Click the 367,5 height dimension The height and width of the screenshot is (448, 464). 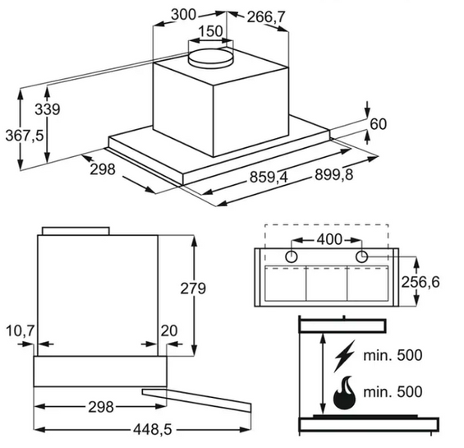[25, 136]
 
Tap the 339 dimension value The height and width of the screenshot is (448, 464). [48, 109]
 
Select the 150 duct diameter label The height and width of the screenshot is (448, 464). [210, 31]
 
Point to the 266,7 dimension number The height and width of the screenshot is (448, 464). [266, 17]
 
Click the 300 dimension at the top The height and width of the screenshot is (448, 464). [183, 15]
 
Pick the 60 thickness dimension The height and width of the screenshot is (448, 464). [379, 124]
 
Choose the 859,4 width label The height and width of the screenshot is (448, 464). [269, 178]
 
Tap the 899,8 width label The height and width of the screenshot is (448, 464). [333, 174]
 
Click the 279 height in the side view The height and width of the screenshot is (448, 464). [193, 289]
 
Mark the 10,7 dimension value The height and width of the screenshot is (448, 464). [21, 330]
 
